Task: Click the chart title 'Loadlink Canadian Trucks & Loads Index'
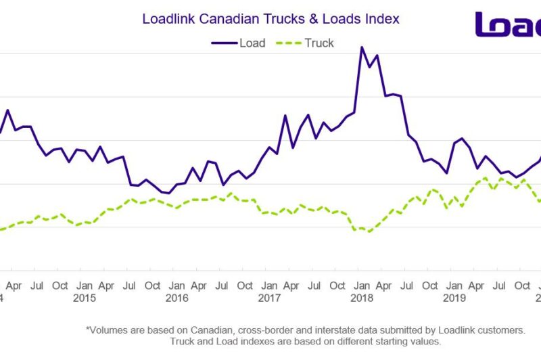(x=270, y=19)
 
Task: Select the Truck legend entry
(x=308, y=43)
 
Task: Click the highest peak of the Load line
(x=362, y=47)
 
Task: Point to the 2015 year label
(x=85, y=298)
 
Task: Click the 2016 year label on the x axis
(x=177, y=298)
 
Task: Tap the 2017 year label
(x=268, y=298)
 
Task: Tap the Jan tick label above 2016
(x=177, y=286)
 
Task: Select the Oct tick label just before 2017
(x=245, y=286)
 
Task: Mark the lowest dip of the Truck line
(x=369, y=231)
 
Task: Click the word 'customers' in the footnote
(x=501, y=330)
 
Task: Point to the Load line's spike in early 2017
(x=285, y=116)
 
